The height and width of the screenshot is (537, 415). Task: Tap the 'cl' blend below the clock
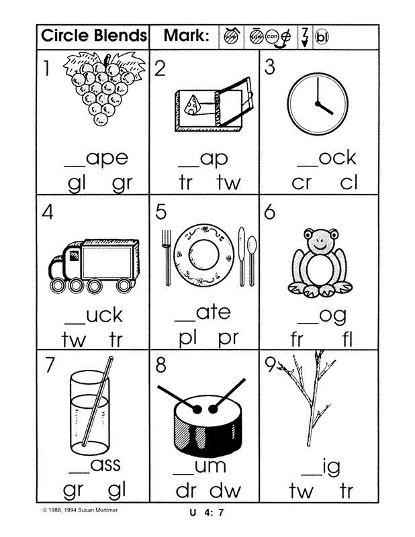pyautogui.click(x=349, y=183)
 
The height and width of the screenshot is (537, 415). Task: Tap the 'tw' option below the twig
pyautogui.click(x=301, y=491)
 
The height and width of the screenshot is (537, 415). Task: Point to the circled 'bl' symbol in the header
pyautogui.click(x=322, y=36)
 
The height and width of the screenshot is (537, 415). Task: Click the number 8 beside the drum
pyautogui.click(x=161, y=367)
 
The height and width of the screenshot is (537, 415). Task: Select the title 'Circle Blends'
pyautogui.click(x=93, y=36)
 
